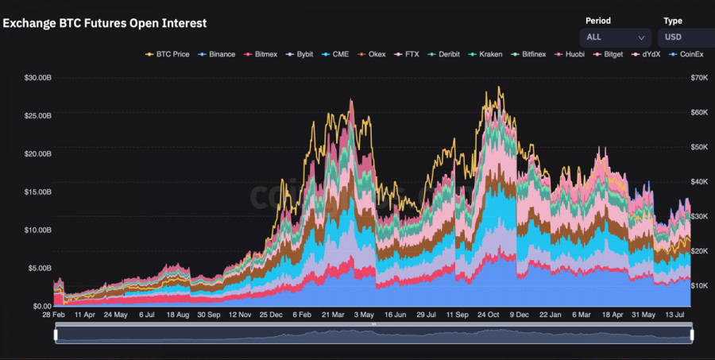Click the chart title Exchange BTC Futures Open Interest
coord(105,24)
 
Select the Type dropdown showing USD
coord(686,37)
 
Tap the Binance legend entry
coord(217,54)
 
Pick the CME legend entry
coord(335,54)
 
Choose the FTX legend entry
coord(407,54)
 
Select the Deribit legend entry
coord(445,54)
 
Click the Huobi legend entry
coord(571,54)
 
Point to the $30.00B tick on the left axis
coord(37,78)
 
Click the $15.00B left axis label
coord(37,192)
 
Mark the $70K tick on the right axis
coord(699,78)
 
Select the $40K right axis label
coord(699,182)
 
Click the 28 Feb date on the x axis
coord(53,315)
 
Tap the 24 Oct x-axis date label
coord(489,315)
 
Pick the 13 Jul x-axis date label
coord(674,315)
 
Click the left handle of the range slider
coord(56,335)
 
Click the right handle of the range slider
coord(692,335)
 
